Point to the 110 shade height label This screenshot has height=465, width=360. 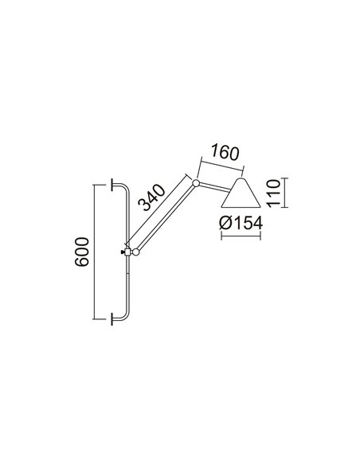(x=272, y=193)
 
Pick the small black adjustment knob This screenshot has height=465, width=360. (x=121, y=253)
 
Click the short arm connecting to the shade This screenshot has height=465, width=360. (x=213, y=187)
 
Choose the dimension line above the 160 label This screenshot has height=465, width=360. (x=222, y=165)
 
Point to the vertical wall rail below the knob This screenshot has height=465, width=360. (x=127, y=287)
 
